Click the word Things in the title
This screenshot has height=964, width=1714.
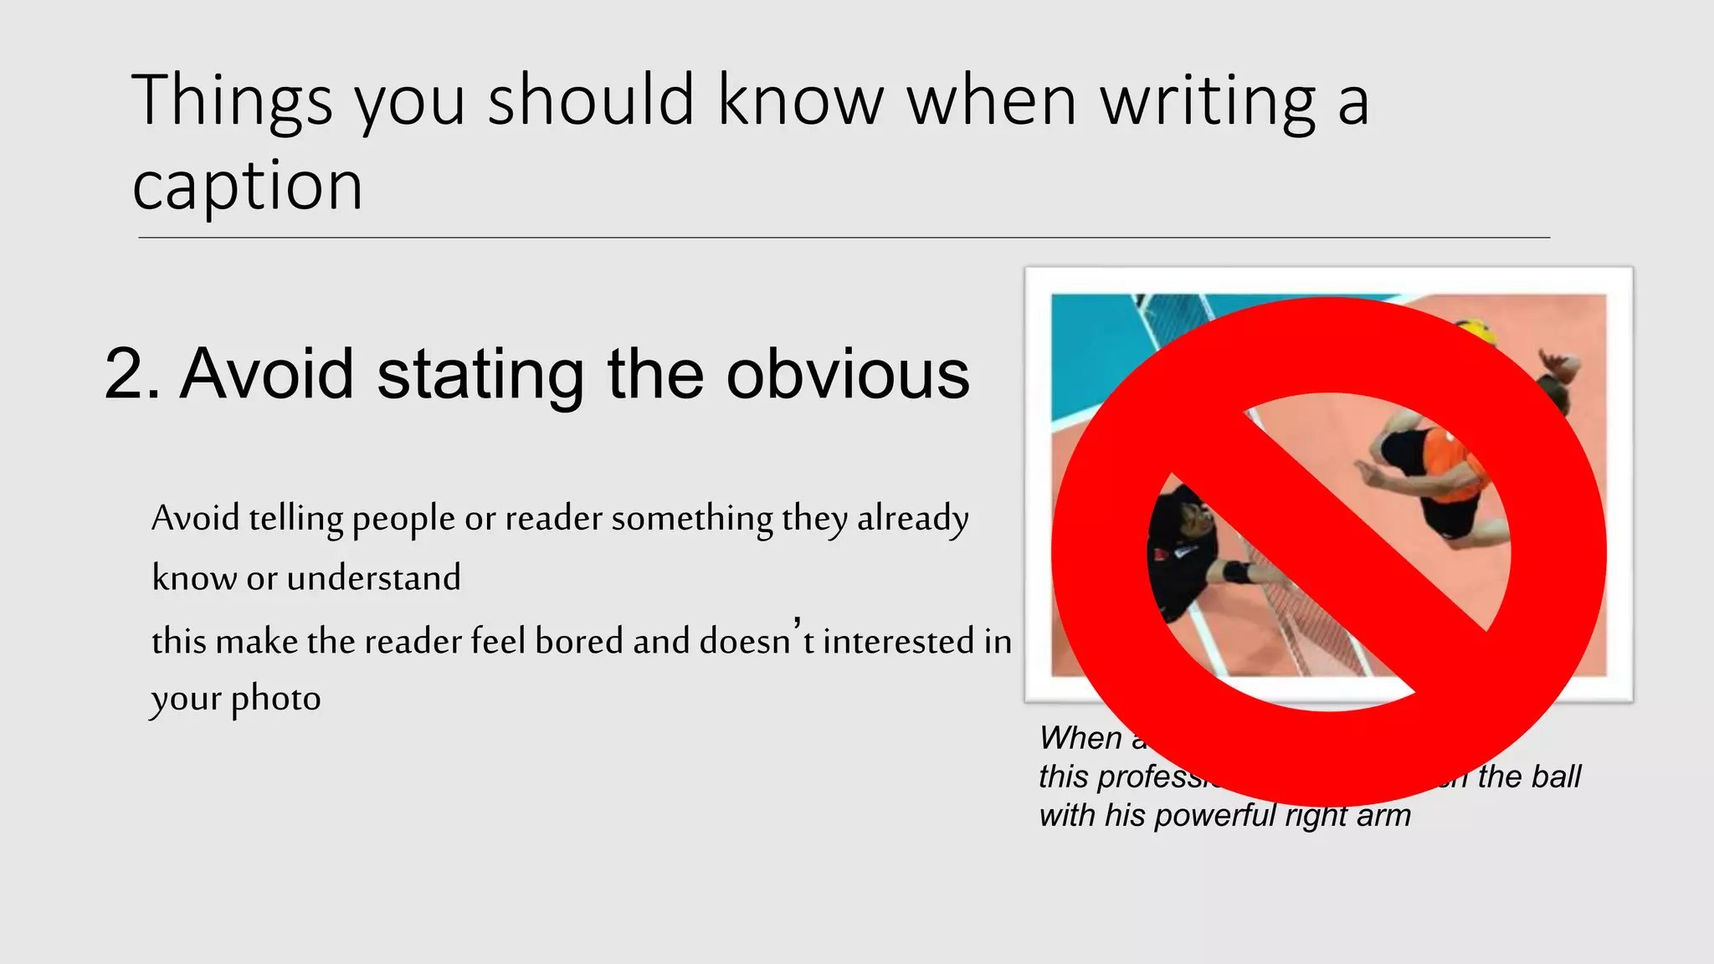click(232, 102)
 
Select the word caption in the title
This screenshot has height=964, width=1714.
click(248, 186)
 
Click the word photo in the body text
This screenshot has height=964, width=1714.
click(276, 699)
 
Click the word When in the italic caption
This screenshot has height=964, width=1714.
click(1080, 738)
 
